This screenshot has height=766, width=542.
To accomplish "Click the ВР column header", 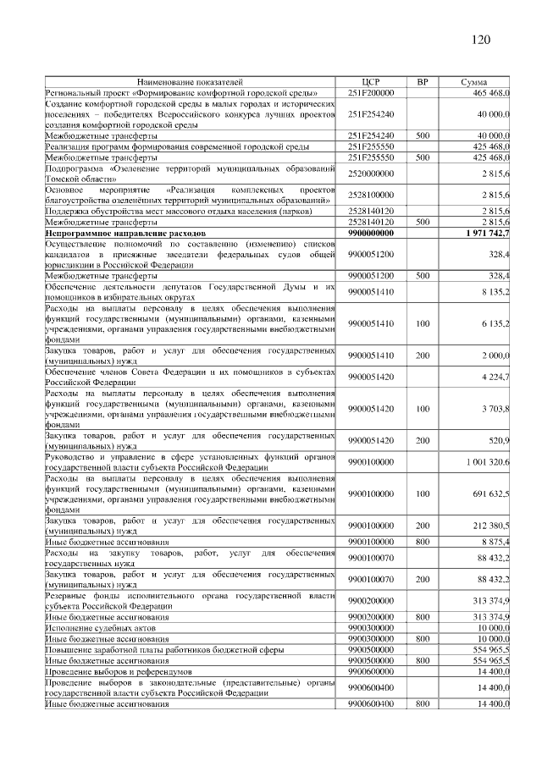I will point(423,82).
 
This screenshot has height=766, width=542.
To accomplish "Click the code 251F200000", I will point(371,91).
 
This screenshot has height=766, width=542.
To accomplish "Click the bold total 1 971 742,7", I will point(487,231).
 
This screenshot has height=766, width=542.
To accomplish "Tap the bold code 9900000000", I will point(371,231).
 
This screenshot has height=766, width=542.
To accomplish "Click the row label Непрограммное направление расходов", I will point(126,231).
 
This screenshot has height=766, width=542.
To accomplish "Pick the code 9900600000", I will point(371,670).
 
